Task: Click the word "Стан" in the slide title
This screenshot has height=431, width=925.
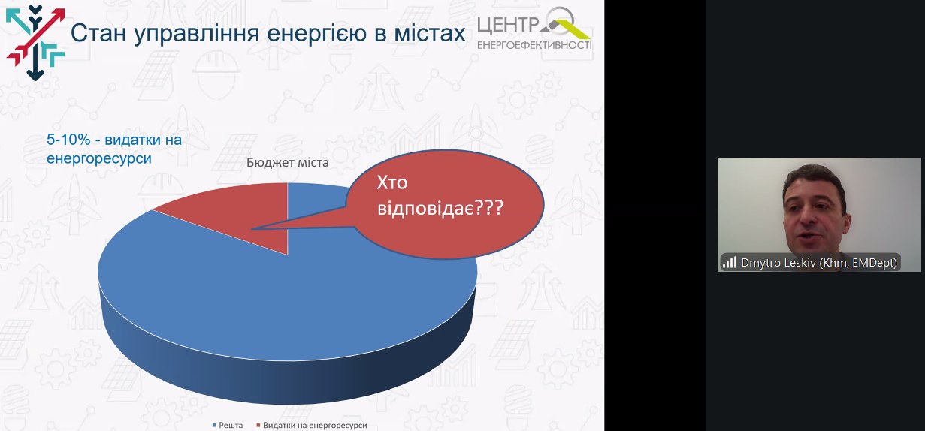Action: click(98, 33)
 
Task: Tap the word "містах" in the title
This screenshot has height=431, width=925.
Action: click(430, 33)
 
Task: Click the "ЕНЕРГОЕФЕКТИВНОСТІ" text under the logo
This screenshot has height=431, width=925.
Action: click(534, 45)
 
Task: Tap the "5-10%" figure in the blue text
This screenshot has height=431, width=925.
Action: click(68, 140)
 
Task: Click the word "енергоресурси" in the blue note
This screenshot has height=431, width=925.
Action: click(99, 159)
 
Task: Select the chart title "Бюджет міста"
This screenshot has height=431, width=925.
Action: click(287, 163)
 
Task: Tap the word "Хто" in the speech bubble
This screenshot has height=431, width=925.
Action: click(392, 182)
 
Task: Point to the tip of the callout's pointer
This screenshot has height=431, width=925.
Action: click(252, 228)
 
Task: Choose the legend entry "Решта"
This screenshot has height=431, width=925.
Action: click(228, 425)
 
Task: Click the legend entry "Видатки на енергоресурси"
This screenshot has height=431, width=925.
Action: click(312, 425)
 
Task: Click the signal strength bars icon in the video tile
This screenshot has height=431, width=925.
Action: click(730, 263)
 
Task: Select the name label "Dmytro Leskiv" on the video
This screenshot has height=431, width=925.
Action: click(778, 263)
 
